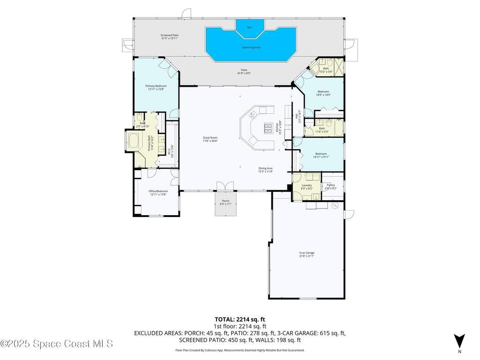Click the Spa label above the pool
(249, 27)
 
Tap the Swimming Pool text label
(251, 47)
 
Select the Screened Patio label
(170, 37)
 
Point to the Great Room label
(210, 139)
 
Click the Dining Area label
(265, 170)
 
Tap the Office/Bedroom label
(158, 193)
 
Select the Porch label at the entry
(225, 202)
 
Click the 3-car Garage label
(307, 254)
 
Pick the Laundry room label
(307, 186)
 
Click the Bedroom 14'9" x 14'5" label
(323, 93)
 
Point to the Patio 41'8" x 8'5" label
(244, 72)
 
